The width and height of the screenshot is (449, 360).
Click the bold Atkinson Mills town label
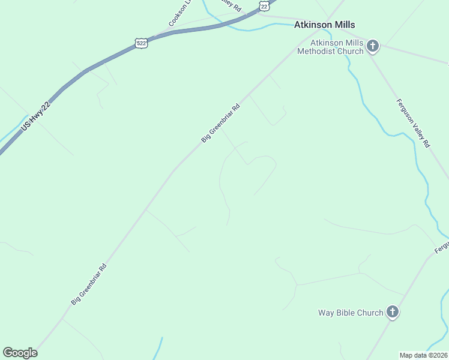pyautogui.click(x=324, y=25)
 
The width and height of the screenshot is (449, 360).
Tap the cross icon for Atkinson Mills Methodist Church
pyautogui.click(x=372, y=46)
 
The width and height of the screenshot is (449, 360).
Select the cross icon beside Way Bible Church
pyautogui.click(x=393, y=311)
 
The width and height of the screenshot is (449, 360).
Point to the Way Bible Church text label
pyautogui.click(x=351, y=313)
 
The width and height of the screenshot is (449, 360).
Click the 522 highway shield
pyautogui.click(x=141, y=43)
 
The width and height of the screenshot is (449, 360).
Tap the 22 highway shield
pyautogui.click(x=265, y=5)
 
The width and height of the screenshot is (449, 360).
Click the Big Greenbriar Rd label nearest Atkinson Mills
pyautogui.click(x=220, y=123)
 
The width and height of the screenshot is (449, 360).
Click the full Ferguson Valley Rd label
pyautogui.click(x=412, y=122)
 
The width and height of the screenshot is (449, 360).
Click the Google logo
pyautogui.click(x=20, y=353)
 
